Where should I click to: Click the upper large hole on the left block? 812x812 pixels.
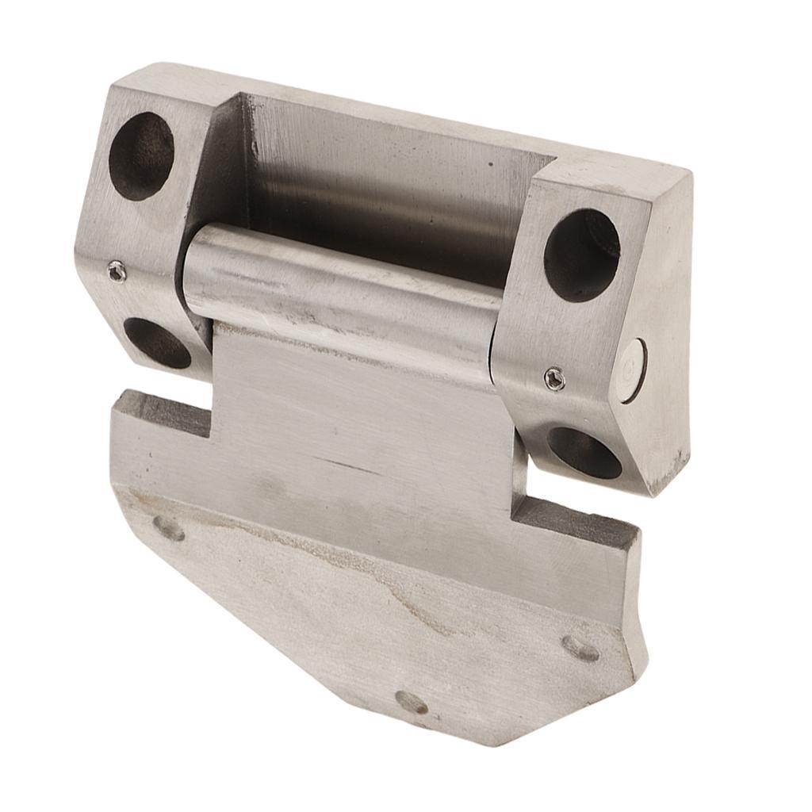[141, 155]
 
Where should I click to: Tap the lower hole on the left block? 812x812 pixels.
[157, 343]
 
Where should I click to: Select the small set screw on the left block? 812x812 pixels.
[117, 271]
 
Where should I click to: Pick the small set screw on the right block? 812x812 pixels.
[554, 380]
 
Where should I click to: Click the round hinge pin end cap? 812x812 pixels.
[634, 370]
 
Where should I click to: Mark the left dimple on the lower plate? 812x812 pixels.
[168, 528]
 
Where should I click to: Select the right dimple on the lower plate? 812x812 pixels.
[580, 648]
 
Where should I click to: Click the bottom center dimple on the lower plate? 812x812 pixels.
[411, 702]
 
